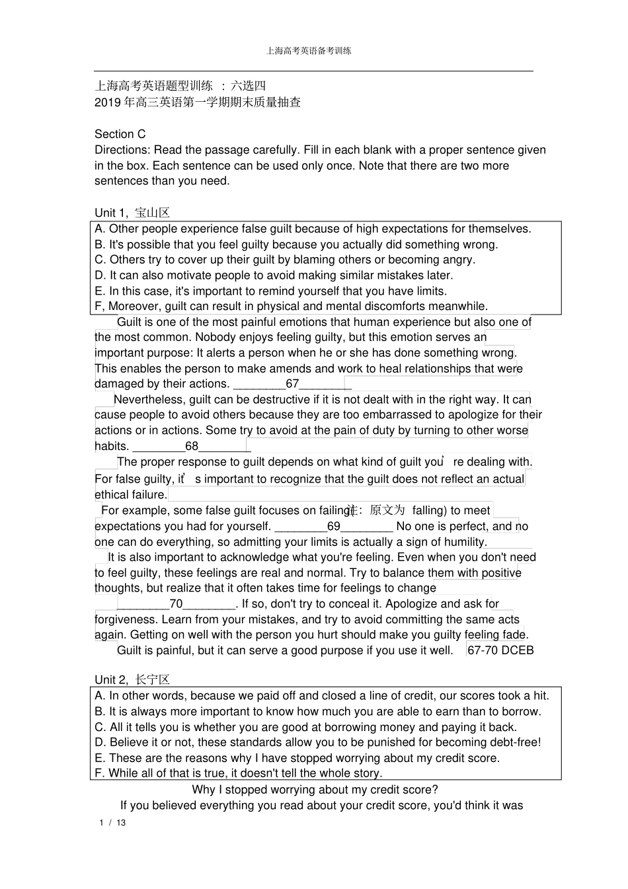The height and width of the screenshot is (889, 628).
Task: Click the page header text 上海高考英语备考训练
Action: coord(309,50)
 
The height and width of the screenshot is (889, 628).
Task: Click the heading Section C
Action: coord(120,134)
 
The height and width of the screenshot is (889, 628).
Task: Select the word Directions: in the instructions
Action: coord(122,150)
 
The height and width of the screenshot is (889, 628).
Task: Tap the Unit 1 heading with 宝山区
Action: coord(132,213)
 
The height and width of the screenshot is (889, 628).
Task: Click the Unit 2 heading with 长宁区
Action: coord(132,679)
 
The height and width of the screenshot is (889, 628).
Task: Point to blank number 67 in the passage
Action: coord(292,384)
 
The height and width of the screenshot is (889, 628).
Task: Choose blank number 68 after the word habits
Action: coord(191,446)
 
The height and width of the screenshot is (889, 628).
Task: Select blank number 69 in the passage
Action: coord(333,527)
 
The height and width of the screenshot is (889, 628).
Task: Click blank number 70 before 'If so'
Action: coord(176,604)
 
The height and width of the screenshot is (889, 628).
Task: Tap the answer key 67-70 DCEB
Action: coord(500,650)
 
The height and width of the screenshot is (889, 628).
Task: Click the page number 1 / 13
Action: coord(112,823)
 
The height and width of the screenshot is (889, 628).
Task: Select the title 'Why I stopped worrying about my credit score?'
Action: coord(315,790)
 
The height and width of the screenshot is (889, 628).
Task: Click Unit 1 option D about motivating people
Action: coord(274,276)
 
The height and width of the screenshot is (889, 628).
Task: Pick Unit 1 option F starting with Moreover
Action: coord(291,306)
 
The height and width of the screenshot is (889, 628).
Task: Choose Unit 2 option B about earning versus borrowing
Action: coord(317,712)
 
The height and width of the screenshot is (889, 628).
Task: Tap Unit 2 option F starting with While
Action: coord(238,773)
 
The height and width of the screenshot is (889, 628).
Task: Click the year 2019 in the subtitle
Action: coord(108,102)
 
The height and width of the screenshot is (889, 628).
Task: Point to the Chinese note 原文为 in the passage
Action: coord(387,510)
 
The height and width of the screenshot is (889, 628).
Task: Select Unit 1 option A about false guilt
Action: coord(313,229)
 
